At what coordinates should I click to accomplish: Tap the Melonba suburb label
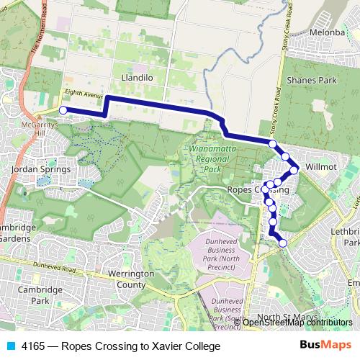pos(328,32)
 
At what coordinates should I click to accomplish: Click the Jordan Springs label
pos(41,170)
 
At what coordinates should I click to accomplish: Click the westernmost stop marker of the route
pos(63,110)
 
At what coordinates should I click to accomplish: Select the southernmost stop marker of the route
pos(283,243)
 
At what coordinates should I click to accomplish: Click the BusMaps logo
pos(325,346)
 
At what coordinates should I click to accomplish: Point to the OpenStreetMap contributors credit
pos(292,323)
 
